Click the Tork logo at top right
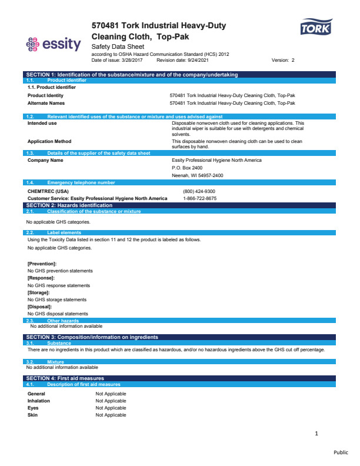click(x=316, y=27)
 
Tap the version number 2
click(x=293, y=60)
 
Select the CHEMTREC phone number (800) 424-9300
click(x=199, y=191)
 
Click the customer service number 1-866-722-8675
click(x=199, y=198)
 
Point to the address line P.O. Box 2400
click(x=187, y=168)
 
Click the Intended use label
click(x=42, y=123)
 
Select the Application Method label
click(x=49, y=141)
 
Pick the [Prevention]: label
click(x=42, y=263)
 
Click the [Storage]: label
click(x=39, y=292)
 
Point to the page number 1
click(x=316, y=434)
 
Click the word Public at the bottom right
click(x=341, y=452)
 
